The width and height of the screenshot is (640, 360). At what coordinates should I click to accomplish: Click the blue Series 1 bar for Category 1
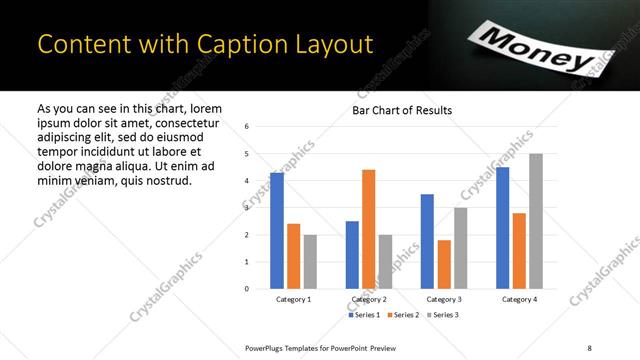pos(277,230)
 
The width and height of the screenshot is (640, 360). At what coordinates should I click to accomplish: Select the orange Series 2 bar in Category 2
pos(368,229)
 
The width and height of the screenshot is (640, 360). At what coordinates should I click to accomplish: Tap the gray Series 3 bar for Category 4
pos(536,221)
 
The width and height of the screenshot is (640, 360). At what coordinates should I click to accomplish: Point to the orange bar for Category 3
pos(444,264)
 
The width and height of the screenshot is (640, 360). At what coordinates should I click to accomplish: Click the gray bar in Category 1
pos(310,261)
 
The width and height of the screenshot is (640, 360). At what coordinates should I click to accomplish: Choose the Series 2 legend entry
pos(402,316)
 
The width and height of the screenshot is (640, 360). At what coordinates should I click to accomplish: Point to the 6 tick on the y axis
pos(246,127)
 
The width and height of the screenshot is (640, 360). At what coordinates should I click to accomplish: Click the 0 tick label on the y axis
pos(246,289)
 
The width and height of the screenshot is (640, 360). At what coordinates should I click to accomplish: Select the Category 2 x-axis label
pos(369,300)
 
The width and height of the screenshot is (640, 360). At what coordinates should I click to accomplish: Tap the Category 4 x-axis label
pos(519,300)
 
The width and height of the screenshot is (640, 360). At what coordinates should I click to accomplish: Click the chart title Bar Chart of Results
pos(402,110)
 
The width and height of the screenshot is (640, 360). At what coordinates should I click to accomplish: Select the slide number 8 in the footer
pos(588,346)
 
